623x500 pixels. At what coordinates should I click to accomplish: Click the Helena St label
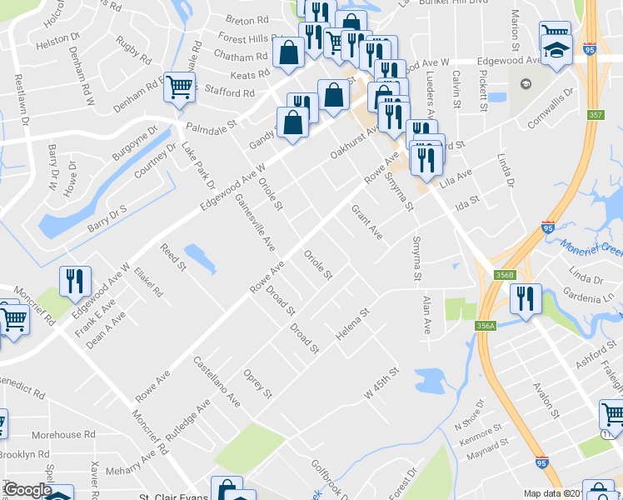click(352, 322)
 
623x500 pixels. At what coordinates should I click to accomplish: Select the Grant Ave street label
click(366, 222)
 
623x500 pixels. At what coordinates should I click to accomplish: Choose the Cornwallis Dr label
click(551, 109)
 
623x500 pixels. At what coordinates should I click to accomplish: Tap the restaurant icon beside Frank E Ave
click(75, 282)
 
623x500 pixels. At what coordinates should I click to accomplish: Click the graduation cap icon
click(555, 52)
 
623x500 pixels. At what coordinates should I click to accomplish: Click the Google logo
click(27, 490)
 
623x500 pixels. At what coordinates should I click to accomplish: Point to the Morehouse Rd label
click(68, 435)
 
